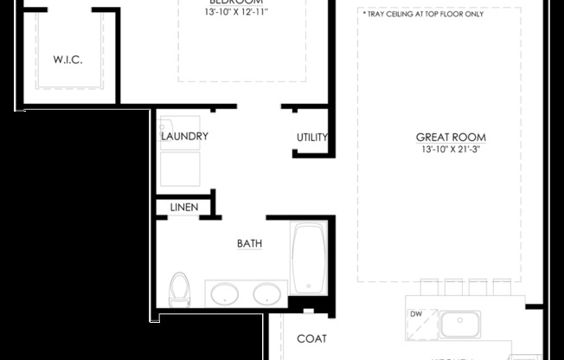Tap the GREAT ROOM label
pos(451,137)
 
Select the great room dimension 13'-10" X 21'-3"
pos(451,150)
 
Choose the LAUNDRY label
pos(184,137)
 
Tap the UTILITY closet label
pos(312,137)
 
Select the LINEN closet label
pos(183,208)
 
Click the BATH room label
pos(250,243)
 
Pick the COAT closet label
pos(311,338)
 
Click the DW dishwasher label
pos(416,314)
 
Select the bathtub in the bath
pos(308,258)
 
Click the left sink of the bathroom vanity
pos(224,293)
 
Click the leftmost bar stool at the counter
pos(430,286)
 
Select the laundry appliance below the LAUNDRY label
pos(179,168)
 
